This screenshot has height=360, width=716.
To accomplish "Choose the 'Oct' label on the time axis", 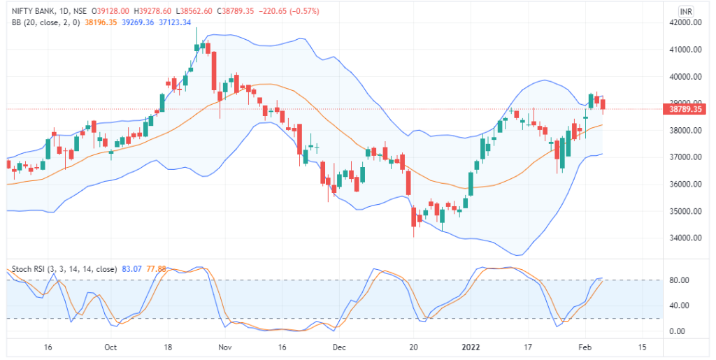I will [109, 347].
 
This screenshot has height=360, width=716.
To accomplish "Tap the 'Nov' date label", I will [224, 347].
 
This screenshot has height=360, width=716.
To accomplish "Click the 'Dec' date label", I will [339, 347].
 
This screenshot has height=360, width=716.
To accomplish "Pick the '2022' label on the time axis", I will [470, 347].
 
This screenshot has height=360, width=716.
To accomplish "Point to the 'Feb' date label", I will [586, 347].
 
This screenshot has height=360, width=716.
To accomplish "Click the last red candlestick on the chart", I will [603, 103].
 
